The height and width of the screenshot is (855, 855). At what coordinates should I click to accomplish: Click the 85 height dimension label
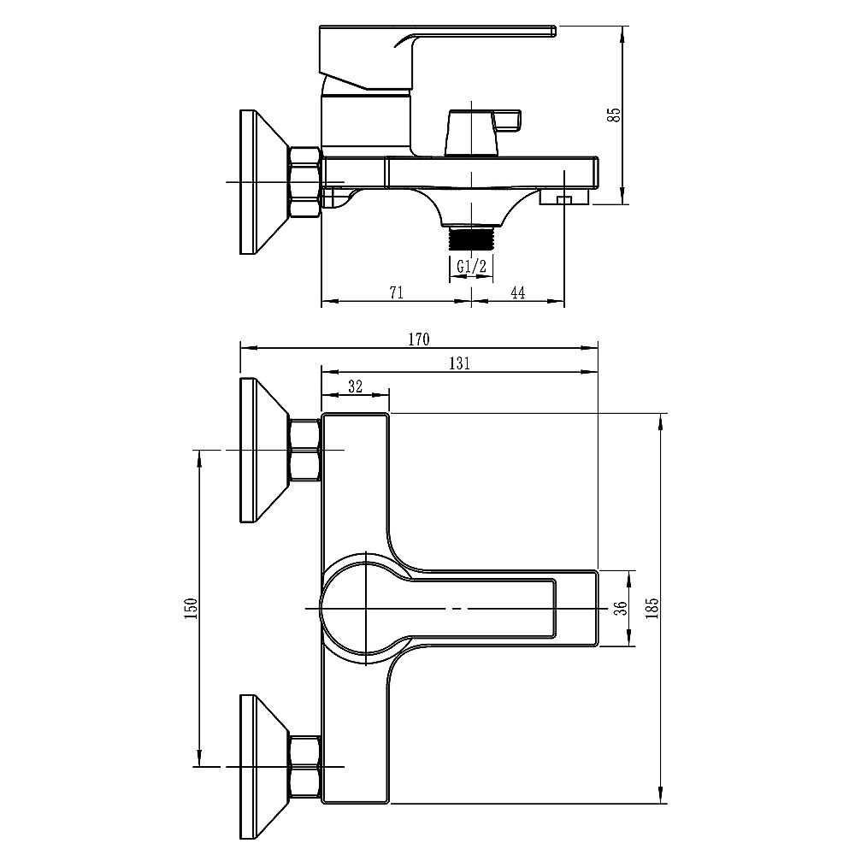(615, 115)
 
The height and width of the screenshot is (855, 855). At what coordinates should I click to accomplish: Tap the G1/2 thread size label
(471, 267)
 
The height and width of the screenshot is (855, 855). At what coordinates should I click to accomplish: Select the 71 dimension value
(397, 292)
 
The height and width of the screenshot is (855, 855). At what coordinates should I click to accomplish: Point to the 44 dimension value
(517, 292)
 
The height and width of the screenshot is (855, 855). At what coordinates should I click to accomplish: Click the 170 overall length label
(419, 339)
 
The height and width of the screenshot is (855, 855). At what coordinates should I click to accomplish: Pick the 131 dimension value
(459, 363)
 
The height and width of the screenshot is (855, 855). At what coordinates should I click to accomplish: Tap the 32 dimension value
(355, 386)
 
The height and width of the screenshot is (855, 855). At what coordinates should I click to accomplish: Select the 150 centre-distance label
(191, 609)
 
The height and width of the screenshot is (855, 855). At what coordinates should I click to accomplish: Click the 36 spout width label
(621, 609)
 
